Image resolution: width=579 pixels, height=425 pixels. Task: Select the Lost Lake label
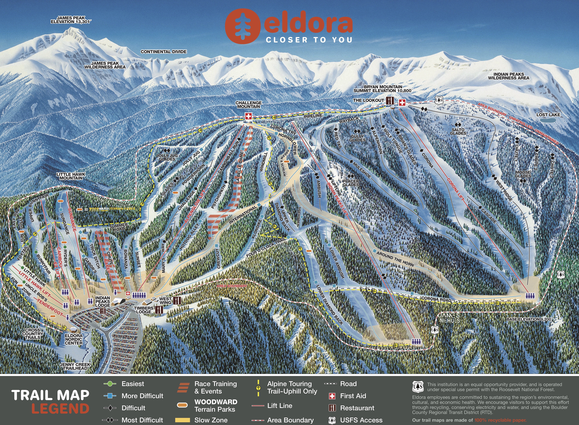pos(548,115)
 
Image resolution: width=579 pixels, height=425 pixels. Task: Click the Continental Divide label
pos(164,52)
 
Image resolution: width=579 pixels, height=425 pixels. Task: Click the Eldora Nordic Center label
pos(74,339)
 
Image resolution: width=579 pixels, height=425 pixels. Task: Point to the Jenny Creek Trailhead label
pos(75,366)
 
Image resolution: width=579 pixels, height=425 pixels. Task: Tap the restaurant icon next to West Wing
pos(177,300)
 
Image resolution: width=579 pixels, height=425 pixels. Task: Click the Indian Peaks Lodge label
pos(103,302)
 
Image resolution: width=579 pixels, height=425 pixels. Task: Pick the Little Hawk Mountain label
pos(71,176)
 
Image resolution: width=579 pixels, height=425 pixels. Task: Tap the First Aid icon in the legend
pos(332,396)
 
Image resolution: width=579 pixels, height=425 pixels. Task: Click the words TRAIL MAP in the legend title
pos(50,395)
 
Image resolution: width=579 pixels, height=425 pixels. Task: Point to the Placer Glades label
pos(351,183)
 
